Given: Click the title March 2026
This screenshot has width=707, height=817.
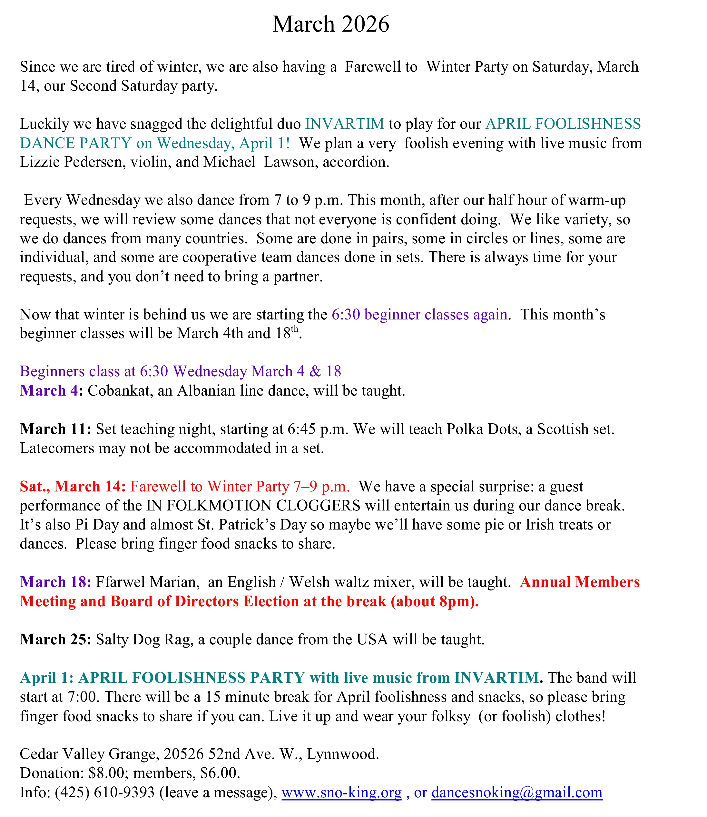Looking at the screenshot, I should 331,24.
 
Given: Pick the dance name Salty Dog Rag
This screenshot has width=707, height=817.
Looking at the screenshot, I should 144,639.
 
